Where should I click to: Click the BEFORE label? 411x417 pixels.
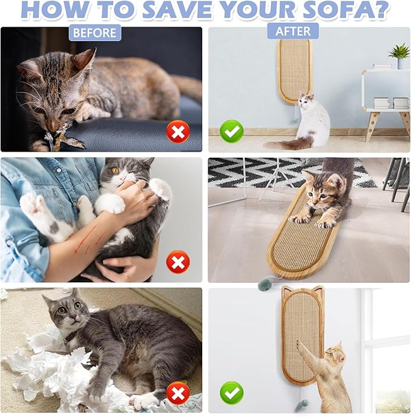coord(95,32)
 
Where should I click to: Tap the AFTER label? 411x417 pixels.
coord(293,31)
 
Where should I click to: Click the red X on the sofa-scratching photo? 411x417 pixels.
coord(178,131)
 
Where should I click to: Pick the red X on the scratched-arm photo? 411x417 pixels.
coord(178,262)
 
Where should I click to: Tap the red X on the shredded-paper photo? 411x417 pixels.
coord(178,393)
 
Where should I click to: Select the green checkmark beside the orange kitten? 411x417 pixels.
coord(232,393)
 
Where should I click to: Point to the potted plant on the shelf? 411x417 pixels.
coord(399,53)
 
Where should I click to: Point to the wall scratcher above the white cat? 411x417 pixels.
coord(295,69)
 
